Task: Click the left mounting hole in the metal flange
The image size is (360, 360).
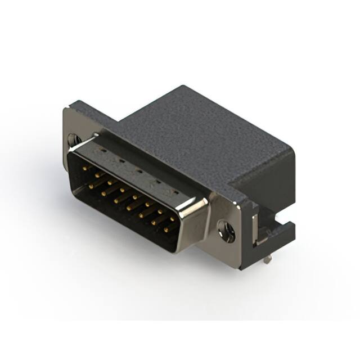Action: (73, 138)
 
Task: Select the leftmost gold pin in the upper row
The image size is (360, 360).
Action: (84, 168)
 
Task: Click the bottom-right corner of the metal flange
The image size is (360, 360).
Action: (241, 269)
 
